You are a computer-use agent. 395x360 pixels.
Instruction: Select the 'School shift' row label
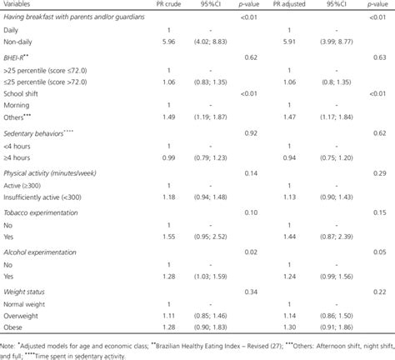pyautogui.click(x=25, y=94)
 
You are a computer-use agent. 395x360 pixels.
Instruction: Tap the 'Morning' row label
pyautogui.click(x=22, y=105)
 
